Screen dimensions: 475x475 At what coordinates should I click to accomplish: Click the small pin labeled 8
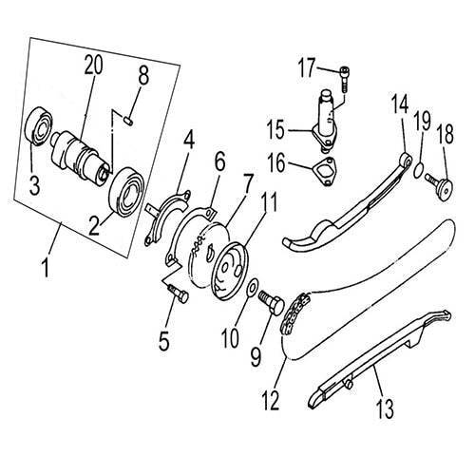coord(129,119)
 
